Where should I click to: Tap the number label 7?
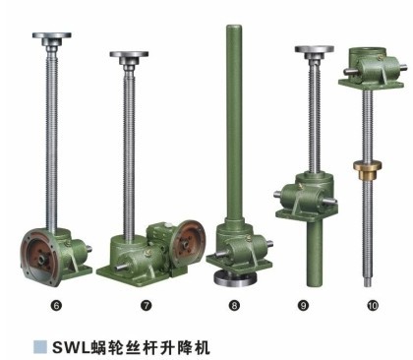pos(147,306)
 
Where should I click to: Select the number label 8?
pos(234,306)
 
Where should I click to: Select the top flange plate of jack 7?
pos(128,57)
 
